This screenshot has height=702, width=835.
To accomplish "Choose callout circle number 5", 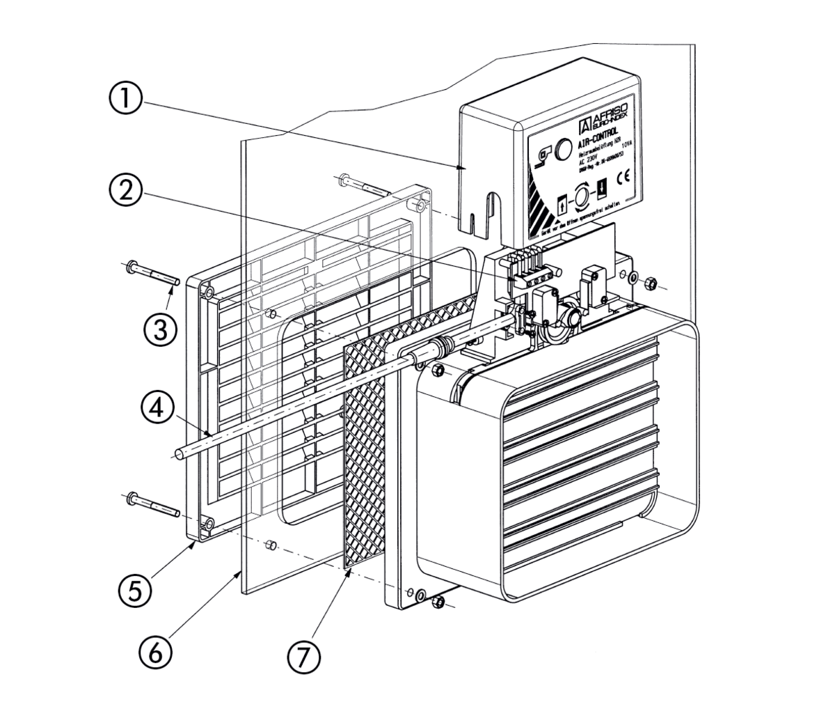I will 136,589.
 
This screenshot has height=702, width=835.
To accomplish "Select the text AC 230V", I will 590,159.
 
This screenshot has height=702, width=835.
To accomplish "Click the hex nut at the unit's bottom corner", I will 438,602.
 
